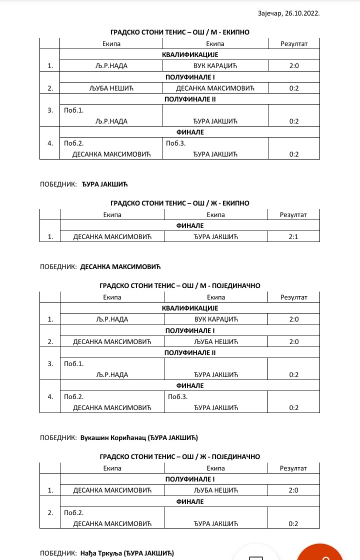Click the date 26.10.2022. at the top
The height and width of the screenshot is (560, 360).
[303, 14]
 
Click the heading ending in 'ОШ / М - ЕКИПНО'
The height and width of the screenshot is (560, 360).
[180, 32]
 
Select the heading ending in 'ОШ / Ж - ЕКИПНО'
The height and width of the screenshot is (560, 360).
[180, 203]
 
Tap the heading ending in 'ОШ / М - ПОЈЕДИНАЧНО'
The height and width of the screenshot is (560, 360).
[180, 286]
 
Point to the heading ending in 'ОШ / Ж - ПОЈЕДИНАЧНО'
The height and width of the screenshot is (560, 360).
[180, 456]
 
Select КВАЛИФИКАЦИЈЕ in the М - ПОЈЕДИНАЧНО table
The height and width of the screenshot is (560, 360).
[190, 308]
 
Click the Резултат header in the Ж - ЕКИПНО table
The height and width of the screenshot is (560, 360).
[294, 215]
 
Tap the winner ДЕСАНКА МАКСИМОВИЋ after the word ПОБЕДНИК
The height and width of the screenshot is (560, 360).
[120, 267]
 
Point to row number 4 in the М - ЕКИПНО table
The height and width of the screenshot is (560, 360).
[50, 143]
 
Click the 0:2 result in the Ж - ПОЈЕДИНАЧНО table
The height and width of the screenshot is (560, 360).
[294, 523]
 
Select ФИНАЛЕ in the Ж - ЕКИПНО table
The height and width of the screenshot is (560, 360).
[190, 226]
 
